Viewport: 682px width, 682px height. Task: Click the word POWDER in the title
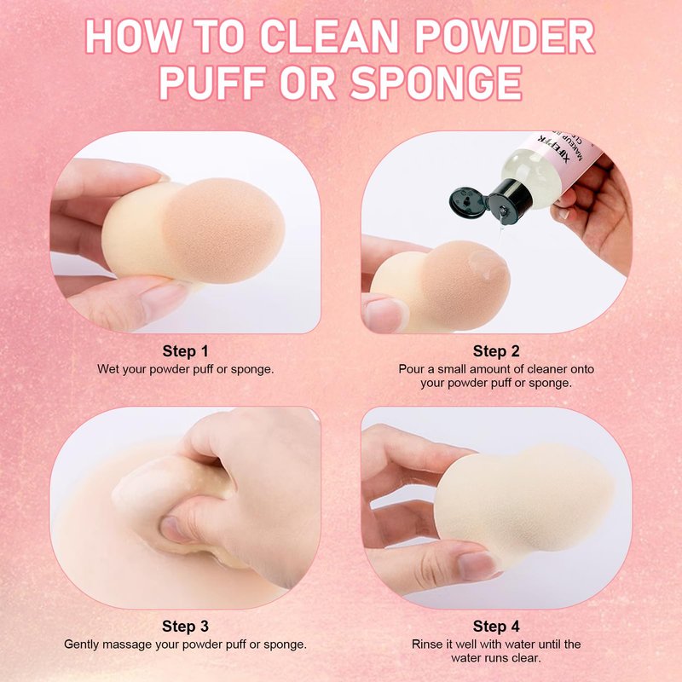pyautogui.click(x=505, y=36)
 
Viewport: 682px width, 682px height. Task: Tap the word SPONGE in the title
pyautogui.click(x=436, y=83)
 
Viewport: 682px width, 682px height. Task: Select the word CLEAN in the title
pyautogui.click(x=329, y=36)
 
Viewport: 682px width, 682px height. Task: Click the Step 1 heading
pyautogui.click(x=185, y=351)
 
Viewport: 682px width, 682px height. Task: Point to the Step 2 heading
pyautogui.click(x=496, y=351)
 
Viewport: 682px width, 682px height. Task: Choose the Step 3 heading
pyautogui.click(x=185, y=627)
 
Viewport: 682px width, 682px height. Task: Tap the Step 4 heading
pyautogui.click(x=496, y=627)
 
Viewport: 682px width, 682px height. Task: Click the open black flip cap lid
pyautogui.click(x=468, y=202)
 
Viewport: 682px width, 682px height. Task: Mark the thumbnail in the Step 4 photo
pyautogui.click(x=477, y=565)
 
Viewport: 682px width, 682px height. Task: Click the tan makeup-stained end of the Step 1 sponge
pyautogui.click(x=224, y=230)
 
